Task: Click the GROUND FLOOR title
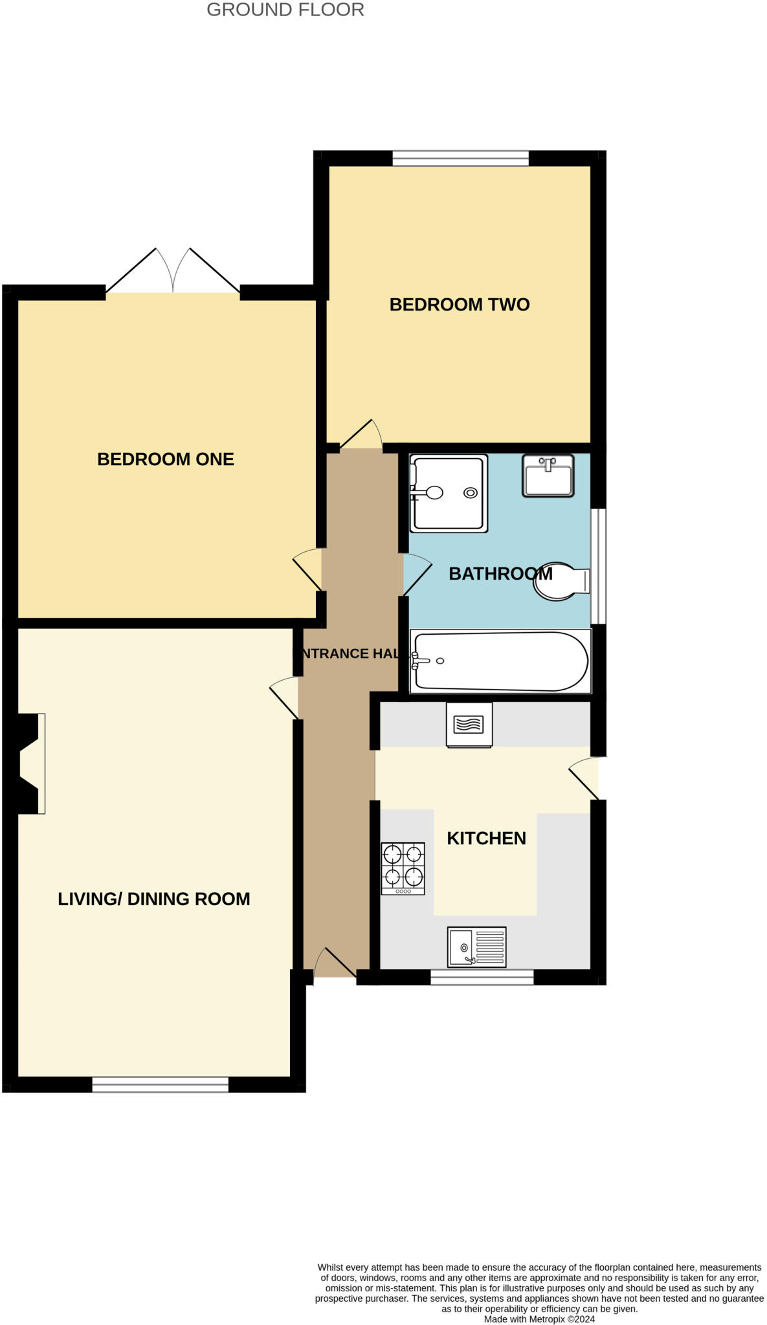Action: click(x=285, y=10)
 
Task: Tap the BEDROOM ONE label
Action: click(x=165, y=459)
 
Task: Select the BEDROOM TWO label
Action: click(x=459, y=304)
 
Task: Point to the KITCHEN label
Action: click(x=486, y=838)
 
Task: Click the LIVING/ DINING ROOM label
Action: click(x=153, y=899)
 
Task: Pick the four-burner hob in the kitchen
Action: click(x=403, y=868)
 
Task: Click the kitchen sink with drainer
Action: click(x=476, y=947)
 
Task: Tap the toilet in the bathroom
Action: click(x=560, y=581)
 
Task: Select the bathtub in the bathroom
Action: click(x=500, y=661)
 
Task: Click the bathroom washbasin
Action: click(x=548, y=476)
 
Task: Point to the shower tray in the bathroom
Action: click(x=449, y=494)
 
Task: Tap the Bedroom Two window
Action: click(x=460, y=158)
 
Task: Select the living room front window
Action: click(x=160, y=1084)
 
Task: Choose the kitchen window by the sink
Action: click(x=482, y=977)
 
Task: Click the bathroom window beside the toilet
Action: click(x=598, y=566)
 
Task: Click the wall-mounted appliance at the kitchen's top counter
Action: click(x=469, y=724)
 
